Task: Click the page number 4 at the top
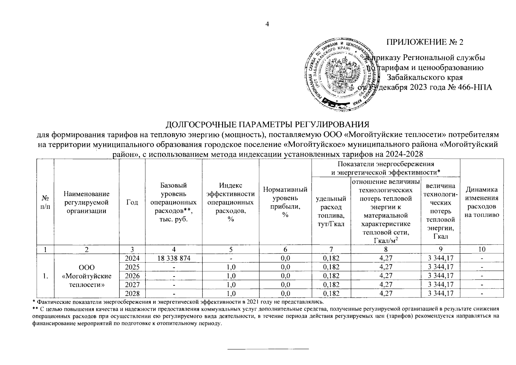[x=267, y=24]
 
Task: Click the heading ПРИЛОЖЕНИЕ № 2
[x=424, y=42]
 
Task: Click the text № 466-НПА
[x=470, y=88]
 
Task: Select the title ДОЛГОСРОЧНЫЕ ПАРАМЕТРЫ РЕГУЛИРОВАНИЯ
[x=267, y=125]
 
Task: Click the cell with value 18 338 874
[x=173, y=258]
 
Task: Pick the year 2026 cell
[x=132, y=276]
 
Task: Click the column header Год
[x=132, y=203]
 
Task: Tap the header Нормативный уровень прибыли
[x=285, y=202]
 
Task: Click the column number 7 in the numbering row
[x=331, y=249]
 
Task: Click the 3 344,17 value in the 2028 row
[x=441, y=294]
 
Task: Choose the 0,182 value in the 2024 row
[x=331, y=258]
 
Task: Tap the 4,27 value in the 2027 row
[x=385, y=285]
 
